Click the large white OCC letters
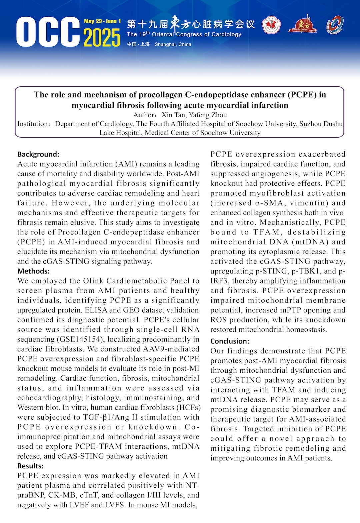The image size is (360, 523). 48,32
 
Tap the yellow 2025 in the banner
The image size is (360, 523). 102,37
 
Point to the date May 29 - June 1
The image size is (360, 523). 102,21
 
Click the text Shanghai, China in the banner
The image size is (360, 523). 173,44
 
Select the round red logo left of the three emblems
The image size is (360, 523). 271,26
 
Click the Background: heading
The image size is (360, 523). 38,154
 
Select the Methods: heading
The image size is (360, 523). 33,271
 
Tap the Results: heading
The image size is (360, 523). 30,466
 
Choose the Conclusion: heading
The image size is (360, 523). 230,341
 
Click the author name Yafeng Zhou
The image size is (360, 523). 208,115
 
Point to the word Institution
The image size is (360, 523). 33,124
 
